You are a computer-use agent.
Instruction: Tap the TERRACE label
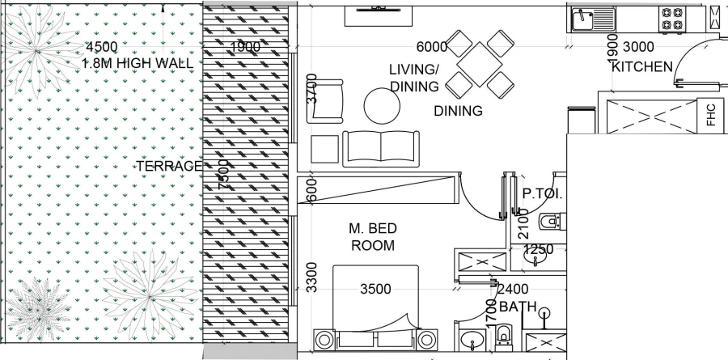[x=168, y=166]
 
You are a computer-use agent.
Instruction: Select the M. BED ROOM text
[x=373, y=237]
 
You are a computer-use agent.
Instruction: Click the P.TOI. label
[x=542, y=194]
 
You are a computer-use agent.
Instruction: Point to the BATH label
[x=518, y=307]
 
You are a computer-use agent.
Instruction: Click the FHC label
[x=711, y=116]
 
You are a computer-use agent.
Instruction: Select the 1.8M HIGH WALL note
[x=139, y=63]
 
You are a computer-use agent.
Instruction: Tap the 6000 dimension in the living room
[x=432, y=47]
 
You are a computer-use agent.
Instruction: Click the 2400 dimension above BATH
[x=513, y=290]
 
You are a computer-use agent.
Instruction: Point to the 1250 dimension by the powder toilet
[x=538, y=250]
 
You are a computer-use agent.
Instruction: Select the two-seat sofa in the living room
[x=382, y=148]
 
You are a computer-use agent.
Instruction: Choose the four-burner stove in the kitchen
[x=671, y=18]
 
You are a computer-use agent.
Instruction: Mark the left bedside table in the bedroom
[x=324, y=339]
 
